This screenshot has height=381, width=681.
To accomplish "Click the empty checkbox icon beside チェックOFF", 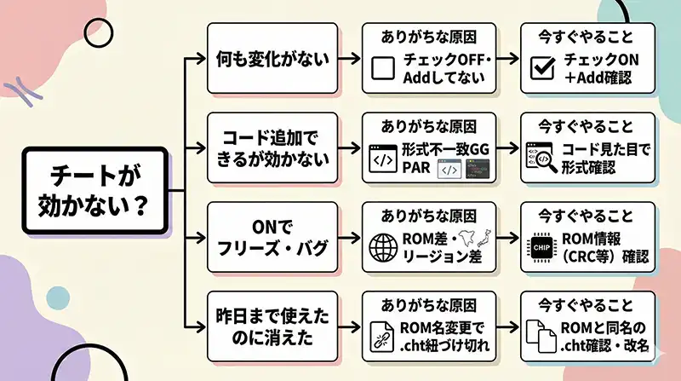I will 384,68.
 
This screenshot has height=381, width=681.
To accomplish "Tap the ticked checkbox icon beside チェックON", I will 542,68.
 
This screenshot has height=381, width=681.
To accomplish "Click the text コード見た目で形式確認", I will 606,159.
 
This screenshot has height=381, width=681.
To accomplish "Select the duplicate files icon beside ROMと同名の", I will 542,338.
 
